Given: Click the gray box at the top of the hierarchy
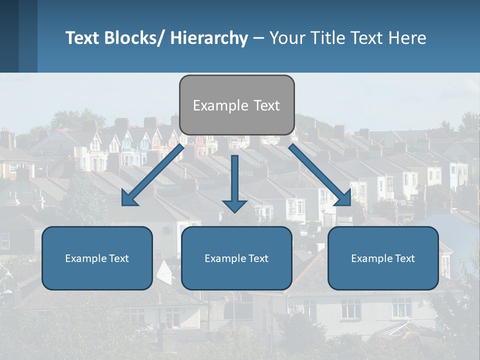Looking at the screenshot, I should click(x=236, y=105).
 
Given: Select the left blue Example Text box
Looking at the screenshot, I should click(x=97, y=258).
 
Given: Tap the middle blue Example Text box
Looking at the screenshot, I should click(x=236, y=258).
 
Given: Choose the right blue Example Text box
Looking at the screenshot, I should click(x=383, y=258).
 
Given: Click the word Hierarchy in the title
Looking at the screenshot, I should click(x=209, y=38).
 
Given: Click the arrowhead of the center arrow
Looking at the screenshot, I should click(x=234, y=205).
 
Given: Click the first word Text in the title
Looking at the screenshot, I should click(x=82, y=38).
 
